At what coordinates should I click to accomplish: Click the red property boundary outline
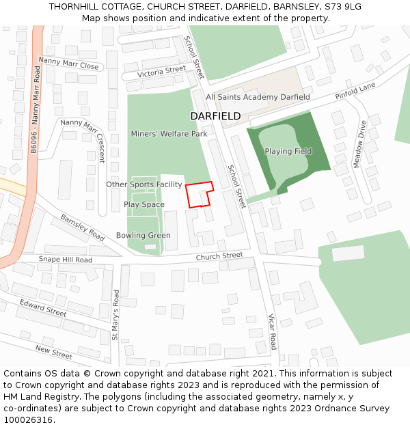200,194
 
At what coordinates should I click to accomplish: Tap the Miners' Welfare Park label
169,134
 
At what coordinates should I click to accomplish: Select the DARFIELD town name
215,116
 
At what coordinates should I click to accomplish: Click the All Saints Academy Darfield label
258,97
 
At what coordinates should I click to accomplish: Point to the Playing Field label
288,151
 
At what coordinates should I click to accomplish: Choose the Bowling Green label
143,236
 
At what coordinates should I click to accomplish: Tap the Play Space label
144,204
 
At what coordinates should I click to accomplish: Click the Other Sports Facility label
144,184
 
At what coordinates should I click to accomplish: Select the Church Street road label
219,256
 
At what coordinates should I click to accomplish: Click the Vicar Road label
271,331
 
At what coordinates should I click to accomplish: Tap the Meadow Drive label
359,144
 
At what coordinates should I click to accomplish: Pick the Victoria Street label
161,71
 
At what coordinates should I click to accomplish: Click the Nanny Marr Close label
69,63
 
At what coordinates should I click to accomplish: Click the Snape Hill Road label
65,260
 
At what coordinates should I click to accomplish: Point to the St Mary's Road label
115,315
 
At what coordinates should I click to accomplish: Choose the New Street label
54,353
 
